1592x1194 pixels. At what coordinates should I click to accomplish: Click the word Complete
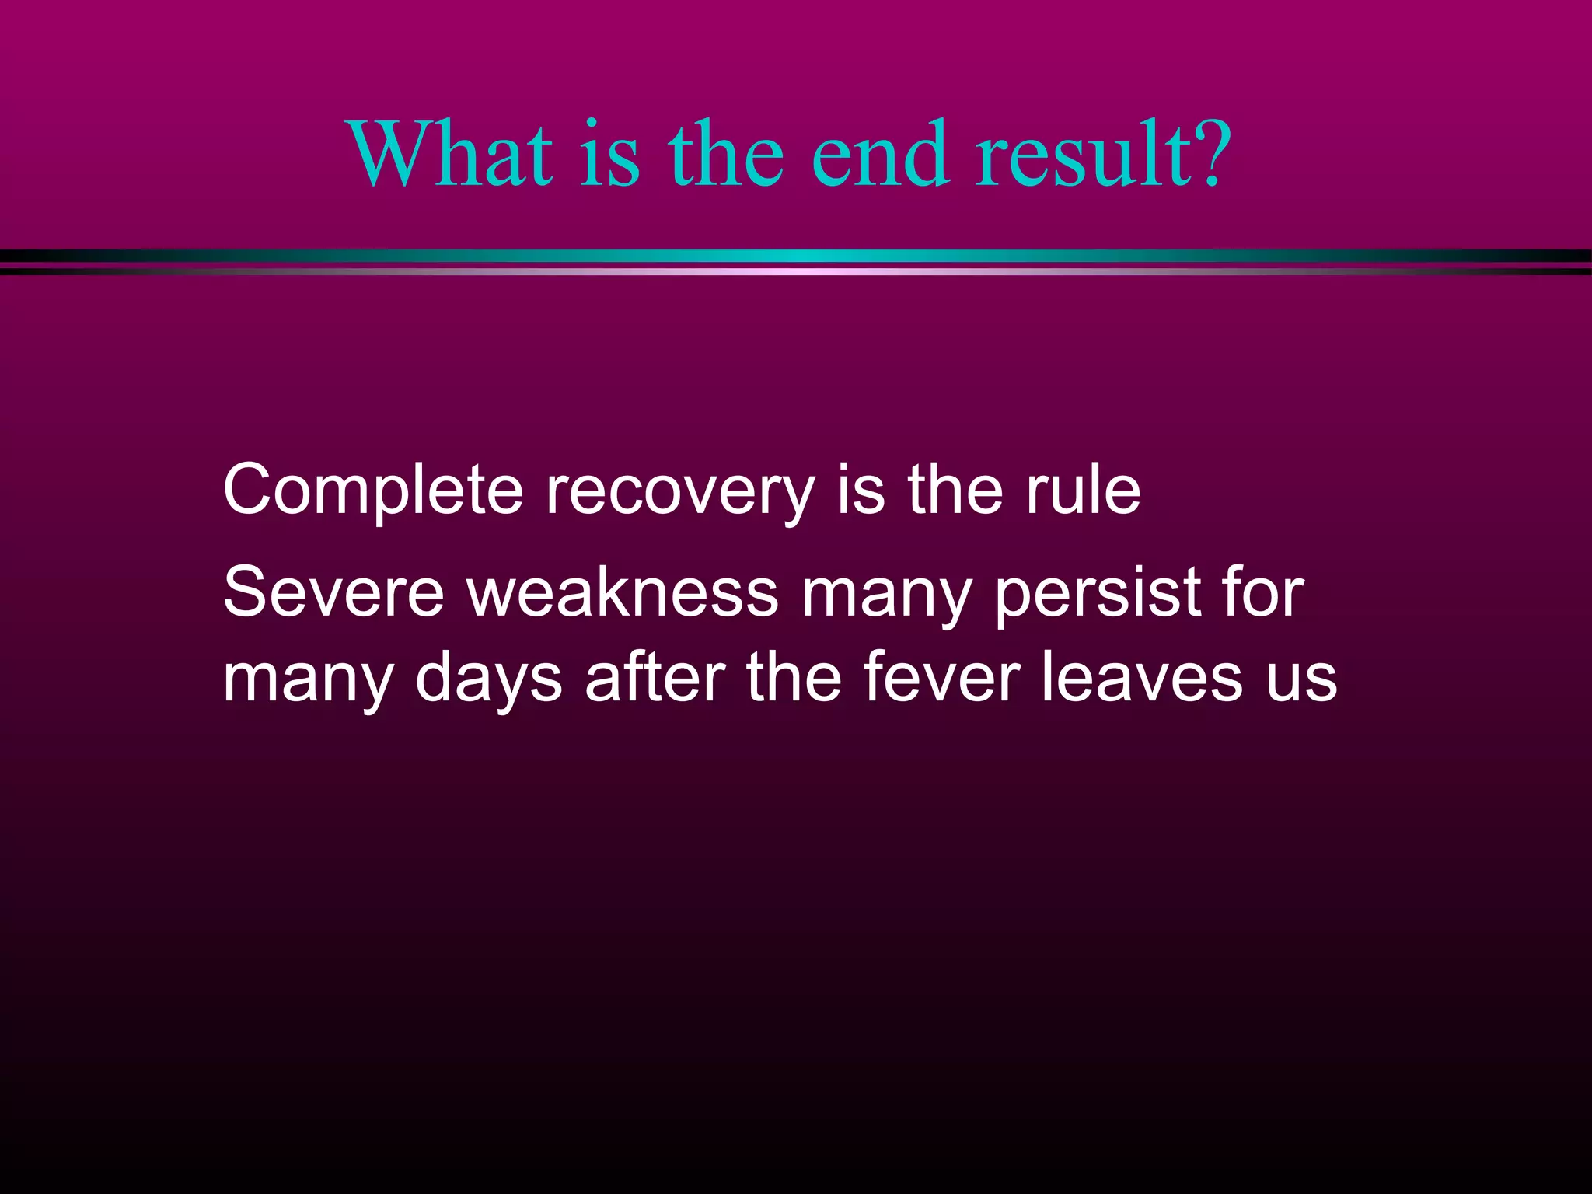(x=373, y=491)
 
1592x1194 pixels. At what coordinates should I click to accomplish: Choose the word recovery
(x=680, y=491)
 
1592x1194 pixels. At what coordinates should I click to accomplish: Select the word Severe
(x=333, y=592)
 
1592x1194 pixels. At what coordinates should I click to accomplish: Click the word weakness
(x=622, y=592)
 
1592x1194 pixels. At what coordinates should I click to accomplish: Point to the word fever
(x=941, y=678)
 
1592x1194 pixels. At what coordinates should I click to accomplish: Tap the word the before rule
(x=955, y=489)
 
